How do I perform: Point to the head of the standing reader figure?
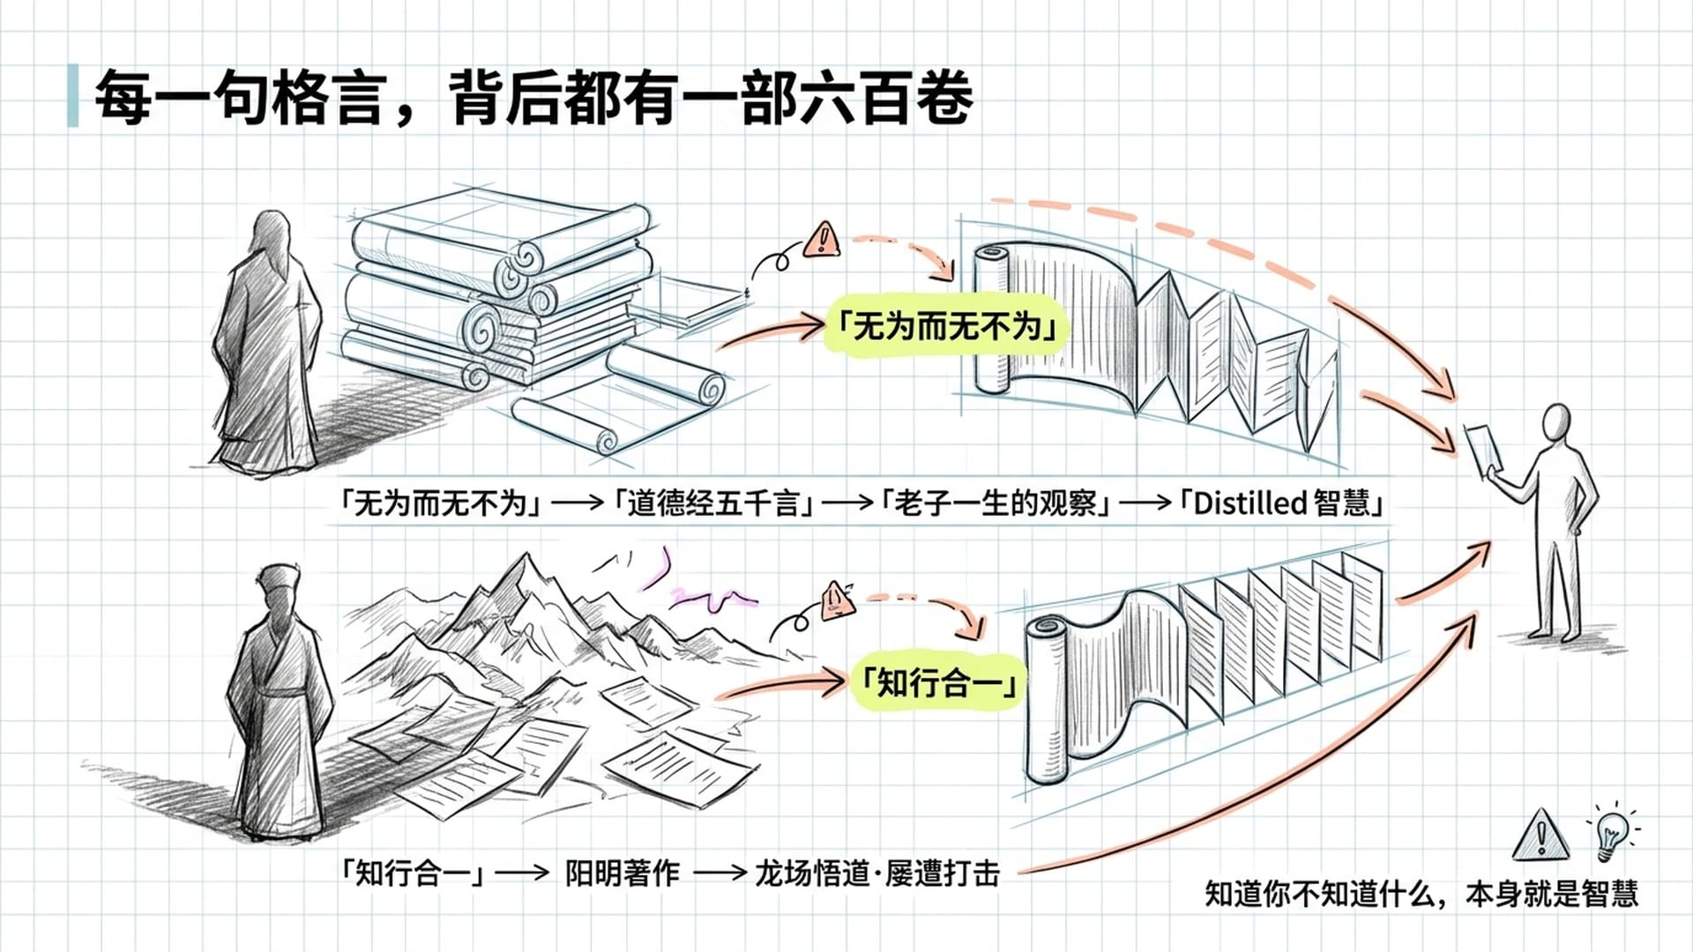click(1557, 420)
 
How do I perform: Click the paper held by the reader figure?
click(1483, 447)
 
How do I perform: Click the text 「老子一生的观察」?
click(996, 503)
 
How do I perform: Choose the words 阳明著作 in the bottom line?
click(622, 874)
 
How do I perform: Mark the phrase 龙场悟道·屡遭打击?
click(876, 874)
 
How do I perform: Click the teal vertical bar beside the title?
click(72, 95)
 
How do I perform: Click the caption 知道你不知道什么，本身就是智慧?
click(1421, 894)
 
